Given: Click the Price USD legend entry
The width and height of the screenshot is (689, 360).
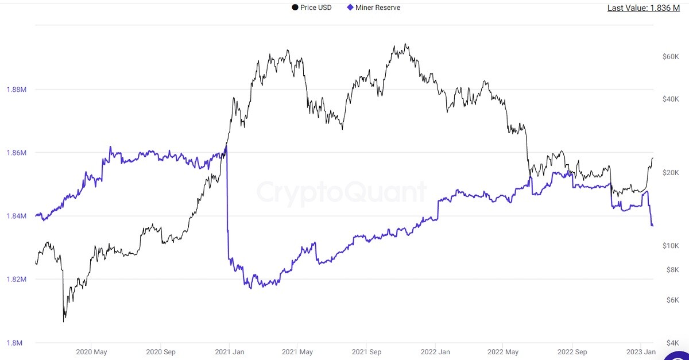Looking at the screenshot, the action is (x=312, y=7).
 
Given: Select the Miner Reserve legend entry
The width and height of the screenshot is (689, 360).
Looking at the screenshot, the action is (x=373, y=7).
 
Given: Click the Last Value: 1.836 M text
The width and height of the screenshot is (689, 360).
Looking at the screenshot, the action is (x=644, y=8).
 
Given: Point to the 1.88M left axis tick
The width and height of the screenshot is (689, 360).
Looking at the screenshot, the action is (x=17, y=90).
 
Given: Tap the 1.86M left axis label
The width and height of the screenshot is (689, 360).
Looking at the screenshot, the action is (x=17, y=153).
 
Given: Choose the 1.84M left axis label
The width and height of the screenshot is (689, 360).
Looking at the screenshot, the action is (x=17, y=216).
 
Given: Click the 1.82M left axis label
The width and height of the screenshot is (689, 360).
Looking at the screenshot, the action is (x=17, y=279).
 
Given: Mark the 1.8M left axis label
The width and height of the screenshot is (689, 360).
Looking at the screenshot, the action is (x=14, y=343).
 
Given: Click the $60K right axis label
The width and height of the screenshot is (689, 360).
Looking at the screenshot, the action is (x=671, y=57).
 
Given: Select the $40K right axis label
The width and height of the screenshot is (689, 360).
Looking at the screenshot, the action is (x=671, y=99).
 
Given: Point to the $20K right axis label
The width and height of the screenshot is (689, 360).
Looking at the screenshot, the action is (x=671, y=173).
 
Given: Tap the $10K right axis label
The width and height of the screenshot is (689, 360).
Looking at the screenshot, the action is (x=671, y=246).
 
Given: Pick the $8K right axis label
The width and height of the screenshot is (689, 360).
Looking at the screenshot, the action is (x=673, y=270).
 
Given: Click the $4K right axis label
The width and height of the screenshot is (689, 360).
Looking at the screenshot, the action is (x=673, y=343).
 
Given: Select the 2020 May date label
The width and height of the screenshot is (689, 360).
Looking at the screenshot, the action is (x=91, y=352).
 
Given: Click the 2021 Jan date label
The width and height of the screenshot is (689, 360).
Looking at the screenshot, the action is (x=230, y=352).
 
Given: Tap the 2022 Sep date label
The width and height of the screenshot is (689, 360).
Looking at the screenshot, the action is (x=572, y=352).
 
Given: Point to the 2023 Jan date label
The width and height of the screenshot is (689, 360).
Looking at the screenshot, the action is (x=641, y=352).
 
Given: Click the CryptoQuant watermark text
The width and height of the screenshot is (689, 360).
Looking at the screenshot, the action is (x=342, y=192).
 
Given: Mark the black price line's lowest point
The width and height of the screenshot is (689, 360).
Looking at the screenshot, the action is (x=64, y=322).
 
